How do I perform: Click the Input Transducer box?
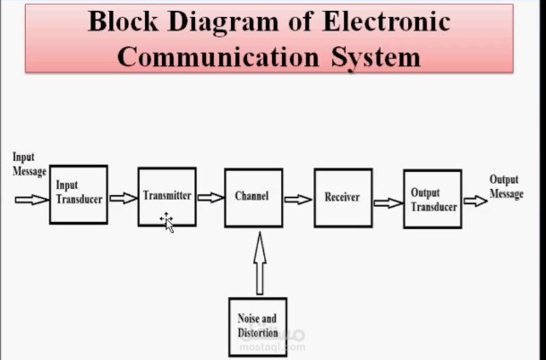[78, 193]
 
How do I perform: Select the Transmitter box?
[166, 195]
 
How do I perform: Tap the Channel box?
[253, 197]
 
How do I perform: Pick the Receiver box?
[342, 197]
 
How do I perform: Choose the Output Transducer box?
[432, 199]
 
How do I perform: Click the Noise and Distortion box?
[258, 326]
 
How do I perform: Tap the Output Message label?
[506, 187]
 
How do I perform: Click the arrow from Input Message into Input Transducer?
[32, 200]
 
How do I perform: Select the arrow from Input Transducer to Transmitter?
[122, 198]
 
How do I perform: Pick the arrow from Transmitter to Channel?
[210, 197]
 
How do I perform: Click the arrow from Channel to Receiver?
[298, 198]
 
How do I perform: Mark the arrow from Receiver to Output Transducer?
[388, 202]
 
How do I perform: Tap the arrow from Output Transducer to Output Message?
[475, 201]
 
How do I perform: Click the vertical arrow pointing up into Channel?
[260, 262]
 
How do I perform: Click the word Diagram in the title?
[221, 21]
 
